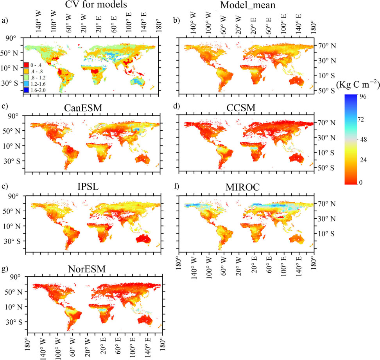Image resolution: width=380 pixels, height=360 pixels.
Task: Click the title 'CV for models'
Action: click(x=96, y=4)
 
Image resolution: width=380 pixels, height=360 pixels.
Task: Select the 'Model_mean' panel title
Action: click(x=248, y=5)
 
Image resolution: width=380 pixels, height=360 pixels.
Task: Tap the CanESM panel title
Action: click(x=83, y=108)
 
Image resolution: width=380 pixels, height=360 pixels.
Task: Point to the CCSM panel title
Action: click(x=241, y=108)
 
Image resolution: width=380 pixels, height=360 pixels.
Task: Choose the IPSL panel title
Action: click(x=88, y=187)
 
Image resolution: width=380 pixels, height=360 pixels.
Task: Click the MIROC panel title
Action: click(x=243, y=187)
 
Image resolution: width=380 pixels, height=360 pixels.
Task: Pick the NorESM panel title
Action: click(x=87, y=269)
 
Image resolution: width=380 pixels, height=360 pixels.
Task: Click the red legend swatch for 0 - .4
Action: click(x=27, y=65)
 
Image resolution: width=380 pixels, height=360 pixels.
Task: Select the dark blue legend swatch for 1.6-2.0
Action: click(x=27, y=90)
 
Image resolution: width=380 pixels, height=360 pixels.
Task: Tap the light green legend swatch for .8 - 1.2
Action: click(x=27, y=77)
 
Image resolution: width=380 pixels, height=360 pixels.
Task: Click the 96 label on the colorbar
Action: click(x=363, y=96)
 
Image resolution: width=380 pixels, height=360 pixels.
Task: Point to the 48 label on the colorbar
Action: click(x=364, y=139)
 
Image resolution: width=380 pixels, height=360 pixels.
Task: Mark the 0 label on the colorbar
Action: click(x=361, y=182)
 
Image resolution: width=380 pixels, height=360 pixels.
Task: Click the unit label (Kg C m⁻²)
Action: click(x=358, y=84)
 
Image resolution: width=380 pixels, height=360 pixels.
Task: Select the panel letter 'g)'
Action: click(x=5, y=269)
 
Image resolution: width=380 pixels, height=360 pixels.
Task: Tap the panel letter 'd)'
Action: click(x=177, y=106)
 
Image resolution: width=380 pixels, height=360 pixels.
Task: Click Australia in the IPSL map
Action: click(x=143, y=239)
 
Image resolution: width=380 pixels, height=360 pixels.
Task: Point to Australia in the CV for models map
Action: click(x=137, y=81)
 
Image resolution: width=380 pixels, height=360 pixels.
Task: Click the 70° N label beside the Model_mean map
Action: click(x=327, y=46)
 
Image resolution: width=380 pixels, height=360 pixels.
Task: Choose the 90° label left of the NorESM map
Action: click(x=15, y=277)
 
